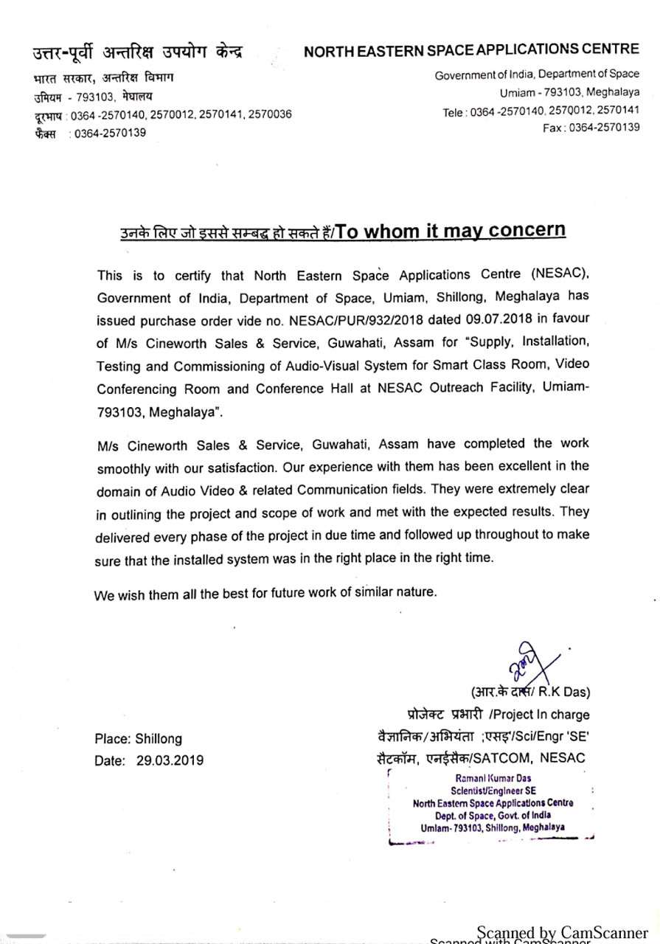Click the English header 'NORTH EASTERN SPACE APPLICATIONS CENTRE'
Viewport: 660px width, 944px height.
471,50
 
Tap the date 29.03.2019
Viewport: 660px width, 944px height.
170,760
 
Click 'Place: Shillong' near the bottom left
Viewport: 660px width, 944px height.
138,738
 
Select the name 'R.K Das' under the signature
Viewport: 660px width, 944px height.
564,692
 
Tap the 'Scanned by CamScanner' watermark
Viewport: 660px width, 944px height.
562,932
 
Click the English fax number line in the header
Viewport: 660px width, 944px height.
591,128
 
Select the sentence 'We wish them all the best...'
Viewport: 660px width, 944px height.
265,593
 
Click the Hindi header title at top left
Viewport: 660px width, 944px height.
138,52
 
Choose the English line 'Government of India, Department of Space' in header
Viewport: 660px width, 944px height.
537,75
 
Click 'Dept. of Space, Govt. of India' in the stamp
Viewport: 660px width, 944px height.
493,816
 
